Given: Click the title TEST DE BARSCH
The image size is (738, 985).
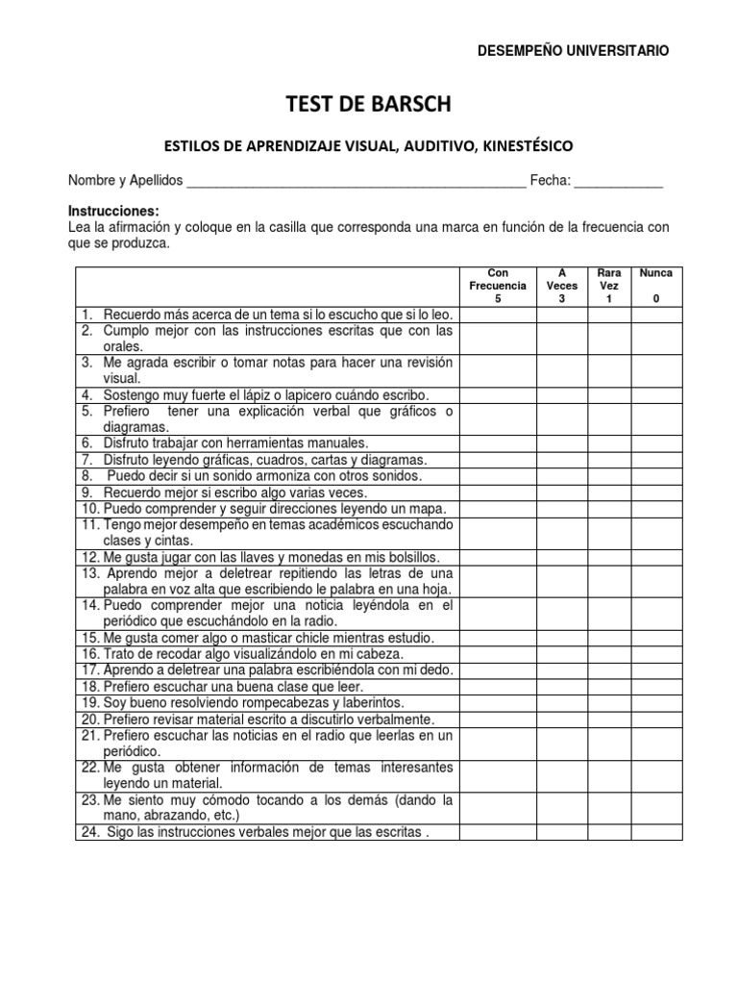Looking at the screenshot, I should (368, 104).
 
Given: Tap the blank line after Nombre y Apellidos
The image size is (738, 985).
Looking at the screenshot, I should (356, 183).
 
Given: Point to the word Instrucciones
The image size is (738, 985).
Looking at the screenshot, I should (112, 211).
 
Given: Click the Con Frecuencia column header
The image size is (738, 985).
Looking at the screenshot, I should (498, 286).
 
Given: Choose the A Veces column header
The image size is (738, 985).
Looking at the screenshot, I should (562, 286).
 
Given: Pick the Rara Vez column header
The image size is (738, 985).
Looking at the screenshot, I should (608, 286).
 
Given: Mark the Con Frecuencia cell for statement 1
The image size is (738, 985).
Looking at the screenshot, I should (498, 315).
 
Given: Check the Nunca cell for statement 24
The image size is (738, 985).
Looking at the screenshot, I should (656, 832).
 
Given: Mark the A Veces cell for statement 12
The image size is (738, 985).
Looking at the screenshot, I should (562, 557).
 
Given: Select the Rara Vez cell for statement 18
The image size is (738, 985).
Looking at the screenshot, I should (608, 687).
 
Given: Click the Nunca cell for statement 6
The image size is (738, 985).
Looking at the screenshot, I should (656, 443).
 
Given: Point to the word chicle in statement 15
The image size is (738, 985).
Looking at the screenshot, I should (306, 638).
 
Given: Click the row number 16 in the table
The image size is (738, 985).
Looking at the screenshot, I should (89, 654).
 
